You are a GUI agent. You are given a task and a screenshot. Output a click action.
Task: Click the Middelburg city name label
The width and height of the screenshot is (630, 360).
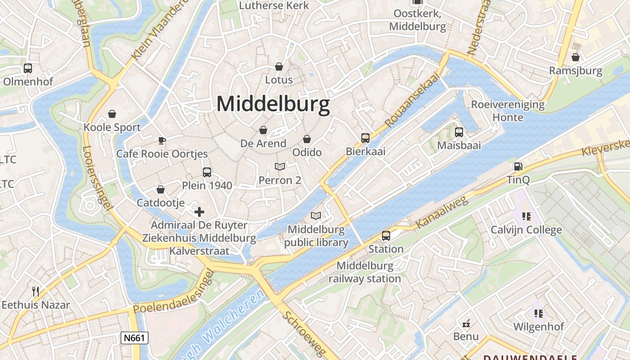pyautogui.click(x=273, y=104)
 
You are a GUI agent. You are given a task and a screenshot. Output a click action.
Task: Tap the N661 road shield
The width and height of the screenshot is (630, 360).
pyautogui.click(x=135, y=338)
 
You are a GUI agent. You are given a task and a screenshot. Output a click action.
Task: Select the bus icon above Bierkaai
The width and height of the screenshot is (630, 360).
pyautogui.click(x=365, y=138)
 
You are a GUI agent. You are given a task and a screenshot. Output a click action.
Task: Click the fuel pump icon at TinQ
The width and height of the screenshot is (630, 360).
pyautogui.click(x=518, y=166)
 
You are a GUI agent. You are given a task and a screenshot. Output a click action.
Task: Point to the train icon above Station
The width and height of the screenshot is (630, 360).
pyautogui.click(x=386, y=235)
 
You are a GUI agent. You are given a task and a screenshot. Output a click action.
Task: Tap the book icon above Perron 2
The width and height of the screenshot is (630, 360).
pyautogui.click(x=280, y=167)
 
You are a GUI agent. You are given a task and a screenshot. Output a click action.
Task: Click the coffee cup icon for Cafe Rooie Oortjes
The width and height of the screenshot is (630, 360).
pyautogui.click(x=162, y=140)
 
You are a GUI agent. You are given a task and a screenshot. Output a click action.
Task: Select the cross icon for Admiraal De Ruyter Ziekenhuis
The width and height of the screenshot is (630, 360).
pyautogui.click(x=199, y=211)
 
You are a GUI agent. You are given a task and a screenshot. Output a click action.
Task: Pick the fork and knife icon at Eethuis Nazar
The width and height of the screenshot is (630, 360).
pyautogui.click(x=36, y=291)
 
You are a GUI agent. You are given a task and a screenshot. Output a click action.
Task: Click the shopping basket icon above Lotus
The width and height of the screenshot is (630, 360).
pyautogui.click(x=279, y=67)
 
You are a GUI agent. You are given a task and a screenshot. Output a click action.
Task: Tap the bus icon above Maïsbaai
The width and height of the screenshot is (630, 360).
pyautogui.click(x=459, y=132)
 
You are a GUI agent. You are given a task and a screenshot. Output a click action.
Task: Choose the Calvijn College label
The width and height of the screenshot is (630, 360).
pyautogui.click(x=526, y=230)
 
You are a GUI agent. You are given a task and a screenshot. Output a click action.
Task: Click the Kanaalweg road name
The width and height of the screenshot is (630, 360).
pyautogui.click(x=442, y=212)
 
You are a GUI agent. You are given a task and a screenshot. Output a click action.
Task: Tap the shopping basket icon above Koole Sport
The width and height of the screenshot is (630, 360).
pyautogui.click(x=112, y=114)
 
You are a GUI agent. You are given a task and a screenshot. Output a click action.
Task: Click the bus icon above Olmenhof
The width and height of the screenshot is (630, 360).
pyautogui.click(x=28, y=68)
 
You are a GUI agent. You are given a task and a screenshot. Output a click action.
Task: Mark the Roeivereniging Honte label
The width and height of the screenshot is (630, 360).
pyautogui.click(x=508, y=111)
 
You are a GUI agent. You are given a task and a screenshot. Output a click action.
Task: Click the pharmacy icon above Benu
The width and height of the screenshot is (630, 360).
pyautogui.click(x=466, y=323)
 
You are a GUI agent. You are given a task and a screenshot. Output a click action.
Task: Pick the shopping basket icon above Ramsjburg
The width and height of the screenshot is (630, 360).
pyautogui.click(x=575, y=57)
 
